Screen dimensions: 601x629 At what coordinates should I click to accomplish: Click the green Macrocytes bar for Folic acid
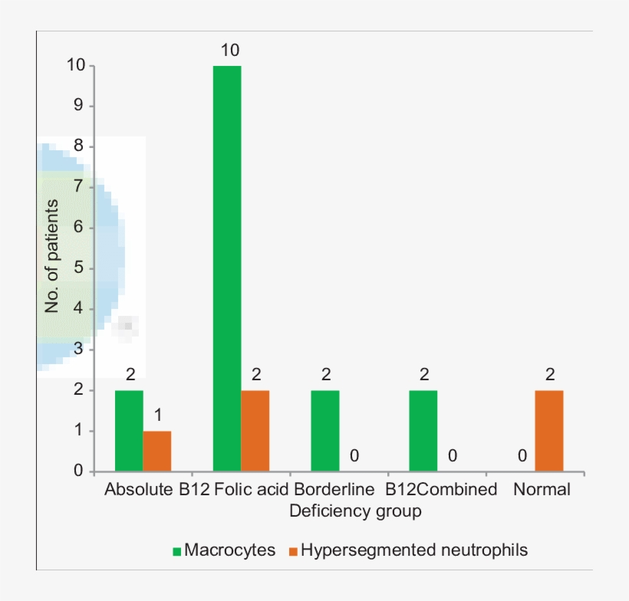227,268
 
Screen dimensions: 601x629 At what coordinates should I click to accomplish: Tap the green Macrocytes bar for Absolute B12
129,431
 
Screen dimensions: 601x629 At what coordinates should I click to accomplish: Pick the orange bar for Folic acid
255,431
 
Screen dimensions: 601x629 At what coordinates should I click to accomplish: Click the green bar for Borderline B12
325,431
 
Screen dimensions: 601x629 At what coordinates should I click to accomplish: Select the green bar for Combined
423,431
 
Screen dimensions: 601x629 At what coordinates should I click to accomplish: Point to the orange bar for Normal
549,431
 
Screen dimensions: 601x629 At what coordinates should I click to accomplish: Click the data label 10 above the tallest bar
229,51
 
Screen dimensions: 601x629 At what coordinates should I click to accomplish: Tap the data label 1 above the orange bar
157,416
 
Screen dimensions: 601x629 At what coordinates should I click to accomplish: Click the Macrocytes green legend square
177,551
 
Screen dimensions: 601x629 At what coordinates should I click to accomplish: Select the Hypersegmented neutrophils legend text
414,550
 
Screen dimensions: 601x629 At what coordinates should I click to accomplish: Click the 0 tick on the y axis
78,471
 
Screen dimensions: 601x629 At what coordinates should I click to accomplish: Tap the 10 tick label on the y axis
75,66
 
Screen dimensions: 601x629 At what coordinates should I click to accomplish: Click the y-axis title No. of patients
52,255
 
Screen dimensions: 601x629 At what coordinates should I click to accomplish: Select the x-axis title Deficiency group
355,511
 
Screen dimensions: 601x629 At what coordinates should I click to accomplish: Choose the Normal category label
542,490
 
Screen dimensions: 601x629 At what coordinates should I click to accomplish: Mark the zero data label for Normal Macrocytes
522,456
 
